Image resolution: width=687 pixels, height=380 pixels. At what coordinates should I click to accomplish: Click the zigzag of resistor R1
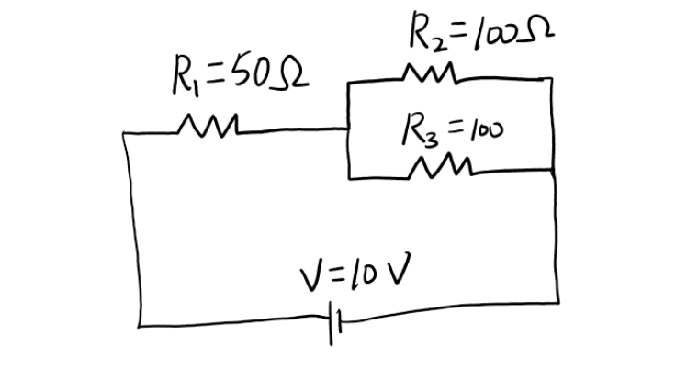tap(210, 123)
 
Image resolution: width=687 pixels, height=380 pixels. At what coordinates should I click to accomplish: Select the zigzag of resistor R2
tap(428, 73)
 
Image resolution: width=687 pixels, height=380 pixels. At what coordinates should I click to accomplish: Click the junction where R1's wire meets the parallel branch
tap(349, 129)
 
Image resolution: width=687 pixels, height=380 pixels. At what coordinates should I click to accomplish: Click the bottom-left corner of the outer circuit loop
tap(140, 324)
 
